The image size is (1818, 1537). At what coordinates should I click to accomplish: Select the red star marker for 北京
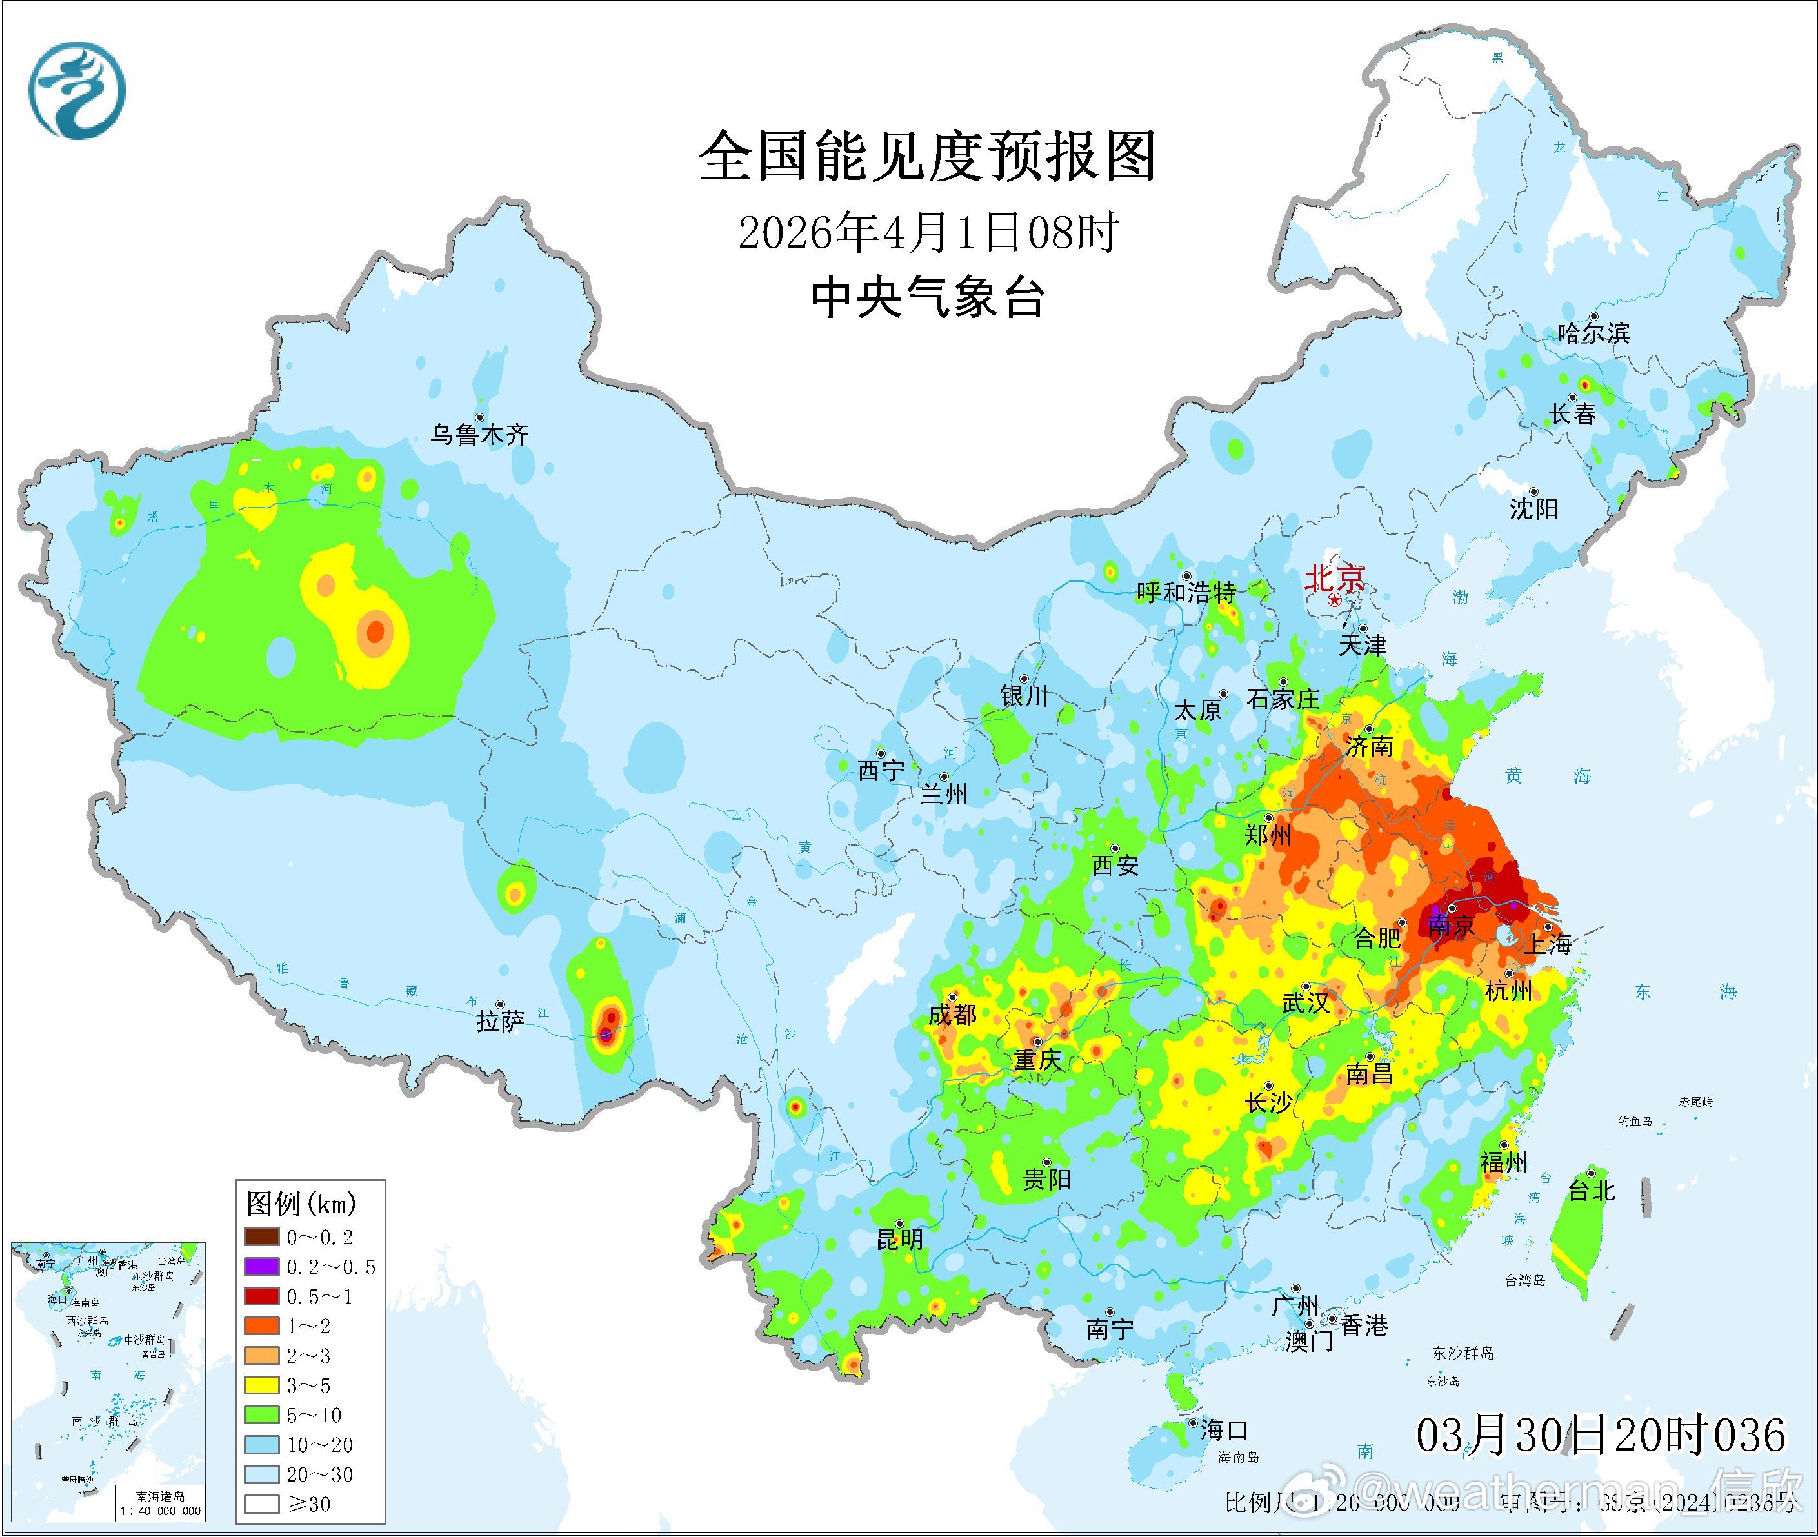coord(1334,601)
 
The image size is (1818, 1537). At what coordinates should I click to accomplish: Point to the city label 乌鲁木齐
coord(479,435)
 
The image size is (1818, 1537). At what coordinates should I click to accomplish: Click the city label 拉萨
coord(500,1021)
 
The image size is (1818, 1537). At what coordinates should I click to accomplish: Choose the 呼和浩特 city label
coord(1186,593)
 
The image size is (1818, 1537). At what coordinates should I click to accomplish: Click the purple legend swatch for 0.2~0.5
coord(261,1267)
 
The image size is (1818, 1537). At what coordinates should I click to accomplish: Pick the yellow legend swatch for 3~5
coord(261,1385)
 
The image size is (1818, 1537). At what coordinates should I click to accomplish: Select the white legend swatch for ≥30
coord(261,1504)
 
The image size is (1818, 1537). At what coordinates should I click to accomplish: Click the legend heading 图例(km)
coord(301,1205)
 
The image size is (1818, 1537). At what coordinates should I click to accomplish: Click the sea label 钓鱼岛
coord(1634,1122)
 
